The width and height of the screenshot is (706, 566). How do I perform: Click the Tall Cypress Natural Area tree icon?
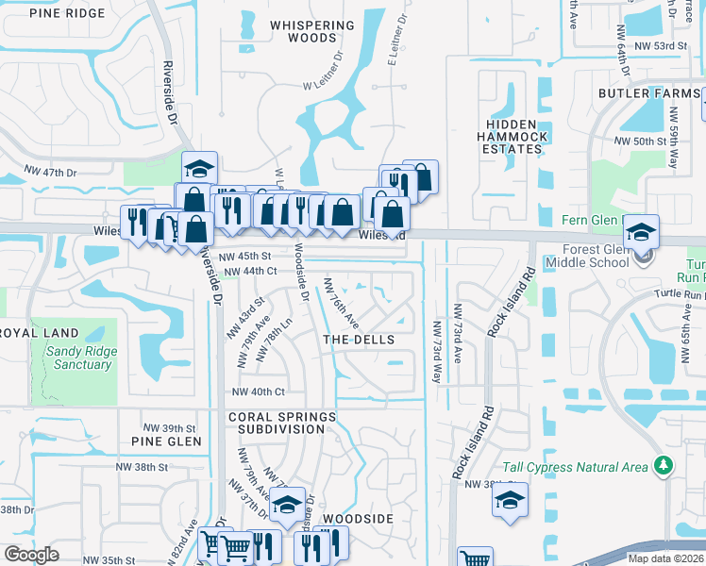pyautogui.click(x=664, y=465)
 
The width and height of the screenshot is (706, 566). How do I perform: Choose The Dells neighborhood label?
pyautogui.click(x=358, y=339)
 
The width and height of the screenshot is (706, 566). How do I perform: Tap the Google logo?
pyautogui.click(x=32, y=555)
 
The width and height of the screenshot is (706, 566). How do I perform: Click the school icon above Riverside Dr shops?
pyautogui.click(x=200, y=169)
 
